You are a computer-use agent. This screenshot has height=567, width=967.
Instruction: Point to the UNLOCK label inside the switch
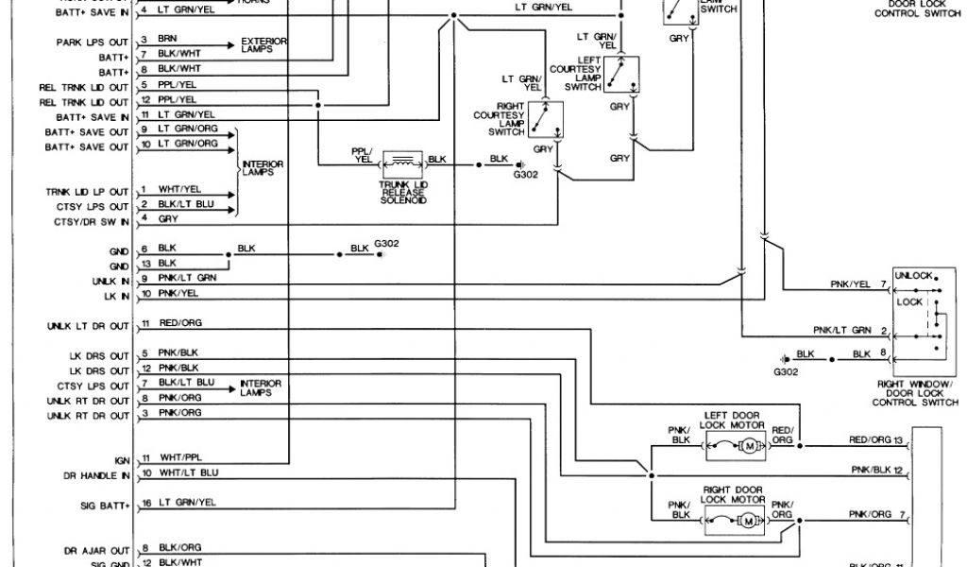[913, 275]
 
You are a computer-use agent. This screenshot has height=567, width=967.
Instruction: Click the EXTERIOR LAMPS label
[264, 44]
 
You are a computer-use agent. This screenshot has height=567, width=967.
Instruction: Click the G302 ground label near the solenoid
[525, 174]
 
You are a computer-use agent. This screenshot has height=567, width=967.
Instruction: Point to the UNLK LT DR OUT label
[88, 327]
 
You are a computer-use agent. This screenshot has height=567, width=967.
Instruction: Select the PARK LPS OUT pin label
[92, 42]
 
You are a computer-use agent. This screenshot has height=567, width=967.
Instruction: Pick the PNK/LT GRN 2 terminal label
[849, 330]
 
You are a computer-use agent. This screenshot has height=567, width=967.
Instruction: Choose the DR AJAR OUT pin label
[96, 549]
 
